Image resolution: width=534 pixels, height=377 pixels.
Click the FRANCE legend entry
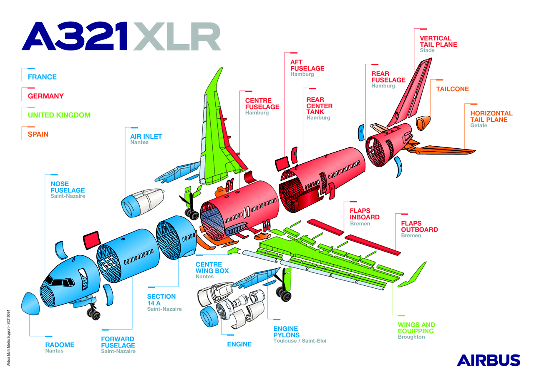[42, 77]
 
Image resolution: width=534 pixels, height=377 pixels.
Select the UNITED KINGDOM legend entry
[59, 115]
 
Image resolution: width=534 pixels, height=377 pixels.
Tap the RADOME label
[60, 345]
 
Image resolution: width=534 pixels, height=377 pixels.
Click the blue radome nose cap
[30, 304]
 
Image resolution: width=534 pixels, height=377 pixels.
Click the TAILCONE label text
[452, 89]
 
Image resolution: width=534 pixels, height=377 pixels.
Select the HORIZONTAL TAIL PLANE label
[491, 116]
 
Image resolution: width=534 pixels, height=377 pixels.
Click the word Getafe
[479, 125]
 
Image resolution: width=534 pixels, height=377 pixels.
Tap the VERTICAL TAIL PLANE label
[438, 41]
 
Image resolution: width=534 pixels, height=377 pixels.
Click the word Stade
[427, 50]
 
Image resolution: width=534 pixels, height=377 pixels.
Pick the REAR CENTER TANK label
[319, 106]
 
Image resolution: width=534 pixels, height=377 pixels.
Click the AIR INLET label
[146, 136]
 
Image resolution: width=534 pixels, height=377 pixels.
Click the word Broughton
[411, 337]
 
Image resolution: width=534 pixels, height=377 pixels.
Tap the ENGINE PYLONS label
[286, 332]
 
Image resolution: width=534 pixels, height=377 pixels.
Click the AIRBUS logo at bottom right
[489, 360]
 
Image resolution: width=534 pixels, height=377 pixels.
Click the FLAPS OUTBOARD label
[419, 226]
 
